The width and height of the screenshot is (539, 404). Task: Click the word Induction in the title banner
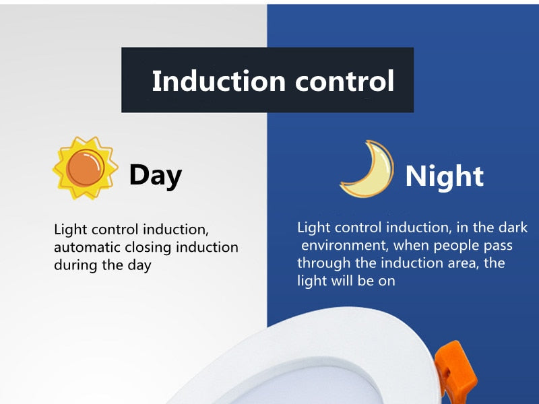click(x=210, y=81)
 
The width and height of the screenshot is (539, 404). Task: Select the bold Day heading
click(x=155, y=175)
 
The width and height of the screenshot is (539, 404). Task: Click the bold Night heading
click(x=444, y=176)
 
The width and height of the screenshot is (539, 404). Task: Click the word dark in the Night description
click(x=514, y=228)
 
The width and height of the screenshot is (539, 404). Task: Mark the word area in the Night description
click(x=457, y=263)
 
